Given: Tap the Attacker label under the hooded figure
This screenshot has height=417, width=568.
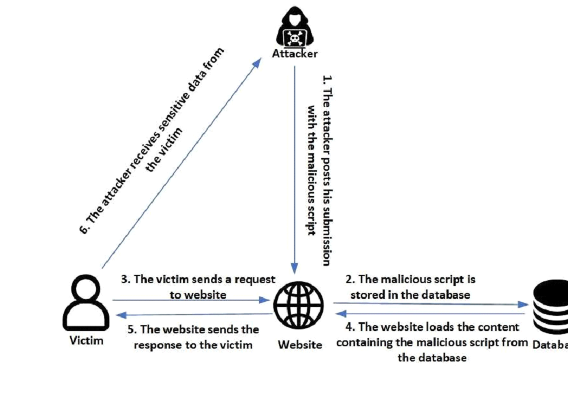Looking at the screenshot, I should (x=295, y=54).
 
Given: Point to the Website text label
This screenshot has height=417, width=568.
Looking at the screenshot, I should (x=300, y=344).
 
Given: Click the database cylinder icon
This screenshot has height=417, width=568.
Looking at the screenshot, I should (x=550, y=308).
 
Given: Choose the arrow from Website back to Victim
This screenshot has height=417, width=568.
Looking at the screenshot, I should (x=193, y=315).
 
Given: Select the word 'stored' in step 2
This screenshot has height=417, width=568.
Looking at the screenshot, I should (x=367, y=295).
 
